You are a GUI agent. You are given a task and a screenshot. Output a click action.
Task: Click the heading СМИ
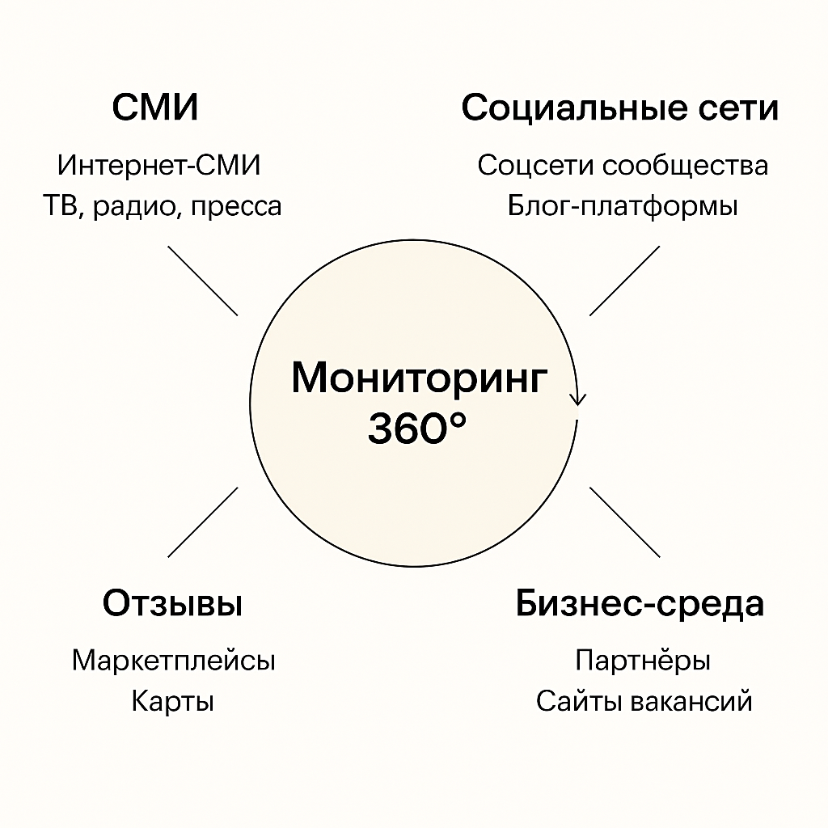pyautogui.click(x=155, y=108)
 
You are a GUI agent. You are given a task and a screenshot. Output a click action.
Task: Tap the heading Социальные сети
pyautogui.click(x=620, y=108)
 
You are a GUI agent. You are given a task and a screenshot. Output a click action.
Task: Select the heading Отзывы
pyautogui.click(x=173, y=603)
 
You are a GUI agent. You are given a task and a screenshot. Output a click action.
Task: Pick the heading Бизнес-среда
pyautogui.click(x=640, y=604)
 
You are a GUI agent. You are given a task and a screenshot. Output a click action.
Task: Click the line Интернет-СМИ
pyautogui.click(x=159, y=165)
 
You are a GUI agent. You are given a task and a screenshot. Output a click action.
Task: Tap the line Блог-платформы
pyautogui.click(x=622, y=206)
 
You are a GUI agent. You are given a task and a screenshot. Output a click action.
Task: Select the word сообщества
pyautogui.click(x=686, y=166)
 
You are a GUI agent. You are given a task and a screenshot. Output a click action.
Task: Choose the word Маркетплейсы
pyautogui.click(x=174, y=661)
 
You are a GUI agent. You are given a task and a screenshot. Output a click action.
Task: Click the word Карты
pyautogui.click(x=173, y=703)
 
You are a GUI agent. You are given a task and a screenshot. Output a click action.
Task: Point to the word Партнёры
pyautogui.click(x=643, y=661)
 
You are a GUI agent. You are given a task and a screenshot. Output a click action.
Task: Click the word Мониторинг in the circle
pyautogui.click(x=420, y=378)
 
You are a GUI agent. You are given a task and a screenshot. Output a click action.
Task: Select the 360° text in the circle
pyautogui.click(x=417, y=429)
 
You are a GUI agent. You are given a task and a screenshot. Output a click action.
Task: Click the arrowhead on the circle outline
pyautogui.click(x=577, y=399)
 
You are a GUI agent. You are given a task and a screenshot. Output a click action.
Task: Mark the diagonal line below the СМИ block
pyautogui.click(x=203, y=281)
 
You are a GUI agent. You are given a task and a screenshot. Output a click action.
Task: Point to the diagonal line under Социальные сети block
pyautogui.click(x=625, y=281)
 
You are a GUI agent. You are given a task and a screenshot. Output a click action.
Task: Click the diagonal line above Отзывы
pyautogui.click(x=203, y=522)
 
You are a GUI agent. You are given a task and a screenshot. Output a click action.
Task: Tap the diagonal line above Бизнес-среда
pyautogui.click(x=625, y=522)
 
